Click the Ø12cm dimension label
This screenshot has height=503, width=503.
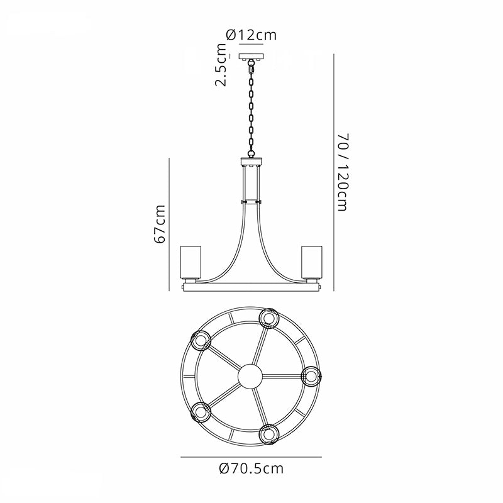tap(251, 35)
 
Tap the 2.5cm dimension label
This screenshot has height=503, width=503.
tap(221, 65)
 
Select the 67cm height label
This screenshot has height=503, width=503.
tap(160, 224)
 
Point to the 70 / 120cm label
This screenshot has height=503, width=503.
tap(343, 172)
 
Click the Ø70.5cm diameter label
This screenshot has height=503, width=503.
tap(251, 468)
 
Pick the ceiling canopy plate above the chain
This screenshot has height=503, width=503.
tap(251, 57)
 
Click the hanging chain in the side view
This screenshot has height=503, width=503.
tap(251, 109)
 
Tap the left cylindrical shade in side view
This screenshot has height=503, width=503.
tap(191, 262)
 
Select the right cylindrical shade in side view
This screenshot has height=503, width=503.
tap(311, 262)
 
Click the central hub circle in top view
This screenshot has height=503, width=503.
tap(250, 376)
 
